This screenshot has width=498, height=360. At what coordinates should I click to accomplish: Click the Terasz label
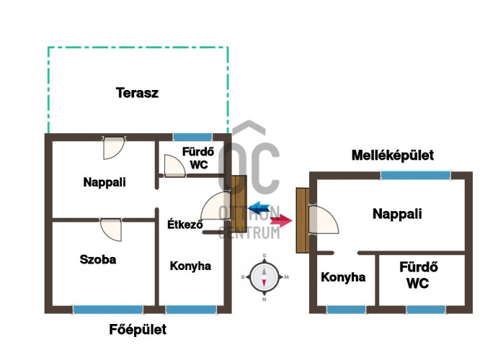[x=137, y=93]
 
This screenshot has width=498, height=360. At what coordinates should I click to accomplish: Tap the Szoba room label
[x=98, y=259]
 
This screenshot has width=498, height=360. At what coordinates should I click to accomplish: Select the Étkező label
[x=185, y=224]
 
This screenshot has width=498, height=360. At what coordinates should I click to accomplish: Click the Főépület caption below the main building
[x=138, y=330]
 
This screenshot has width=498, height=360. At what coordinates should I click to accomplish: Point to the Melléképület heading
[x=393, y=156]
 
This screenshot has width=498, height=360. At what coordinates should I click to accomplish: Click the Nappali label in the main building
[x=105, y=182]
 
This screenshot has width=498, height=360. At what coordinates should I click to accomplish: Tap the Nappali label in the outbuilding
[x=397, y=214]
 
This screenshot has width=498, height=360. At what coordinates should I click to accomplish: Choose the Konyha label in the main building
[x=190, y=266]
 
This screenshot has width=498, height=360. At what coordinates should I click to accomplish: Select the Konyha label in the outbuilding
[x=343, y=277]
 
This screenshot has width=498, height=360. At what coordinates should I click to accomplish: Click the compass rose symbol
[x=264, y=277]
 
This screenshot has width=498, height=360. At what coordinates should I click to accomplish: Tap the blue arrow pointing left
[x=259, y=208]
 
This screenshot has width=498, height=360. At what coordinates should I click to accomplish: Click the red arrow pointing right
[x=281, y=220]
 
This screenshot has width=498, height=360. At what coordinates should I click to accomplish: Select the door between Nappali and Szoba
[x=111, y=230]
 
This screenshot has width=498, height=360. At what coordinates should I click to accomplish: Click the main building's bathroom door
[x=174, y=166]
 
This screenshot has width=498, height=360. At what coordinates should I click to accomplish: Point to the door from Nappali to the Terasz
[x=114, y=148]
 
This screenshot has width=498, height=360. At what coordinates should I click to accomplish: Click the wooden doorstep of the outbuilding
[x=303, y=220]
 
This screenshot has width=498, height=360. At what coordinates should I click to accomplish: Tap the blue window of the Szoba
[x=108, y=310]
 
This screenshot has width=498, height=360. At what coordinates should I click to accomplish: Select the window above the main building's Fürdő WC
[x=192, y=137]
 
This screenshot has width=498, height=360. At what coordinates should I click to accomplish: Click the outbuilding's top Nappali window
[x=415, y=176]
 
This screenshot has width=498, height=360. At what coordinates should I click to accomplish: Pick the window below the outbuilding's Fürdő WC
[x=426, y=310]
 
